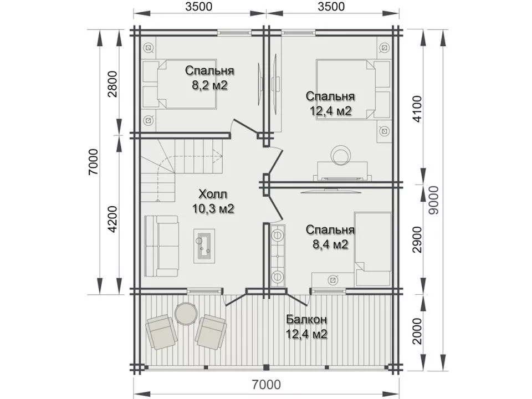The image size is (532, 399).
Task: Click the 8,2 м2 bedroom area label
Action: click(x=209, y=85)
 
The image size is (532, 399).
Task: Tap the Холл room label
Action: click(x=213, y=194)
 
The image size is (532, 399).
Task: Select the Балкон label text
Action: click(x=306, y=319)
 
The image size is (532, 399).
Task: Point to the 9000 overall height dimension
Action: click(x=433, y=200)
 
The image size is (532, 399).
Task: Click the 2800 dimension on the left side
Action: click(x=112, y=84)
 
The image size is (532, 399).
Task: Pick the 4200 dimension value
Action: click(x=112, y=219)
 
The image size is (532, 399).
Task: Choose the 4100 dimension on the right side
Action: click(x=417, y=109)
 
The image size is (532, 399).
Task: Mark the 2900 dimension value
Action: click(x=417, y=239)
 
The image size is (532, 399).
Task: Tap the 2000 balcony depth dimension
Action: click(x=417, y=331)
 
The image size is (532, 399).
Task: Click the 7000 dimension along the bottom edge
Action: click(x=267, y=385)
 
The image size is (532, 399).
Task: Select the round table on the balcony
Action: click(x=186, y=314)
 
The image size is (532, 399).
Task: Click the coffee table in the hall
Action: click(x=204, y=245)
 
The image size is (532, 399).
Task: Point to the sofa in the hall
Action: click(x=161, y=246)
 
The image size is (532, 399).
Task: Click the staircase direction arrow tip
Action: click(x=222, y=156)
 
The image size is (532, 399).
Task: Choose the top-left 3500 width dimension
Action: click(x=199, y=7)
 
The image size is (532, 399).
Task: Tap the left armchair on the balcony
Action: click(x=162, y=331)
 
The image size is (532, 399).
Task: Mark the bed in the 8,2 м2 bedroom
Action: click(x=179, y=84)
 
